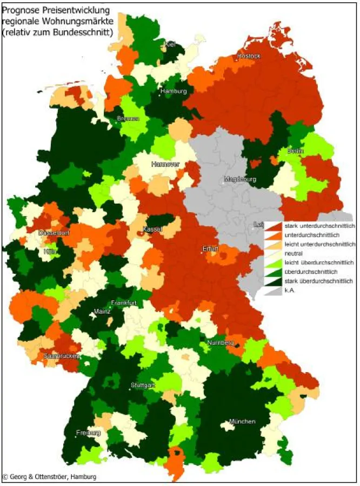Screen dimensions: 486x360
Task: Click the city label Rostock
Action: pos(248,56)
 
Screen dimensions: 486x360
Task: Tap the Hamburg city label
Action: pos(173,91)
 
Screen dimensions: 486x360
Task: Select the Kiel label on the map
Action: pos(170,44)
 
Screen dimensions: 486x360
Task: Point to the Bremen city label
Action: pos(128,118)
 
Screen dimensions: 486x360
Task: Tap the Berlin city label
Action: pos(295,151)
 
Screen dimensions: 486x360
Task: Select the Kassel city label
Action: pos(152,230)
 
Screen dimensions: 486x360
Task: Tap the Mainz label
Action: pos(102,312)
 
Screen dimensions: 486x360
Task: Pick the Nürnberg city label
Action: pos(220,343)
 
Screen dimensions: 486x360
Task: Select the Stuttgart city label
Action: pos(143,385)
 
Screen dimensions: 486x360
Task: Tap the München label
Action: pos(242,421)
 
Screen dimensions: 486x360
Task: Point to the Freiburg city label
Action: pos(88,433)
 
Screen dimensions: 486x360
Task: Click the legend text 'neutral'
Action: pos(291,253)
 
